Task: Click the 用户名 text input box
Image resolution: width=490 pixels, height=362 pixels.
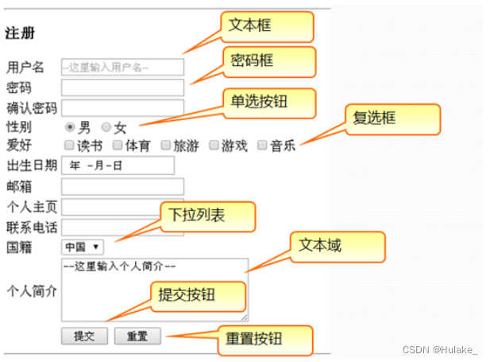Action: coord(122,68)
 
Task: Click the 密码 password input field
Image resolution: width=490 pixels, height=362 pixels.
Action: coord(122,88)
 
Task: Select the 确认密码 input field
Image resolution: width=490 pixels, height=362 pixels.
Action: coord(122,107)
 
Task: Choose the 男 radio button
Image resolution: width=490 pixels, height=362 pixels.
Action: coord(71,127)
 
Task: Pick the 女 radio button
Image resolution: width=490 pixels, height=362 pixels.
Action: coord(106,127)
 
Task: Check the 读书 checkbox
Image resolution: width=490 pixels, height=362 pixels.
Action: coord(70,146)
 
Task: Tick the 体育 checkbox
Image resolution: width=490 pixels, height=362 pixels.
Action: coord(117,146)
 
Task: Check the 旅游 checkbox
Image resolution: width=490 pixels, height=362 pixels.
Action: coord(166,146)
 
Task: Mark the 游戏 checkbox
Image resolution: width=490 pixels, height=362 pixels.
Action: coord(214,146)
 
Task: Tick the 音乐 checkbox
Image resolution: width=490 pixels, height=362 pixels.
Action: coord(262,146)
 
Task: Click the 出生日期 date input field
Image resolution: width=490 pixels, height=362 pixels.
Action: coord(117,165)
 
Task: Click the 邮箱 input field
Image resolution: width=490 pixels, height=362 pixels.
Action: coord(122,186)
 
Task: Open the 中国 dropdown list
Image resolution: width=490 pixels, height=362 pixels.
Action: coord(83,247)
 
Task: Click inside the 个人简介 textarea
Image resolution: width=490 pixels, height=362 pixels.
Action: coord(155,290)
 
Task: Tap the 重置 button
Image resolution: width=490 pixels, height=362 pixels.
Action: coord(137,337)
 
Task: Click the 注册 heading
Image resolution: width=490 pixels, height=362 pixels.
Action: coord(20,34)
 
